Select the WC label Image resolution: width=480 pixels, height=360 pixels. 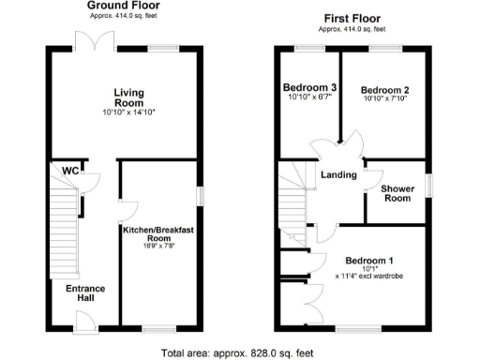click(69, 172)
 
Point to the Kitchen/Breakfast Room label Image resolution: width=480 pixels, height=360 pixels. click(156, 234)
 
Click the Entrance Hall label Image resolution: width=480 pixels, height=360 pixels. click(85, 292)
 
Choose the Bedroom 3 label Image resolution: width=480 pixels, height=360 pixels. click(310, 89)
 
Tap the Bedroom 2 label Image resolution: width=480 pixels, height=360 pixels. click(384, 91)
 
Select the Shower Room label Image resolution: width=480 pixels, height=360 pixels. click(397, 193)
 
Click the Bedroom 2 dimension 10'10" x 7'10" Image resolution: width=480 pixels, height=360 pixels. click(384, 101)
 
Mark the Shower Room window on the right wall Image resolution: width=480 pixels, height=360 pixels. click(429, 185)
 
